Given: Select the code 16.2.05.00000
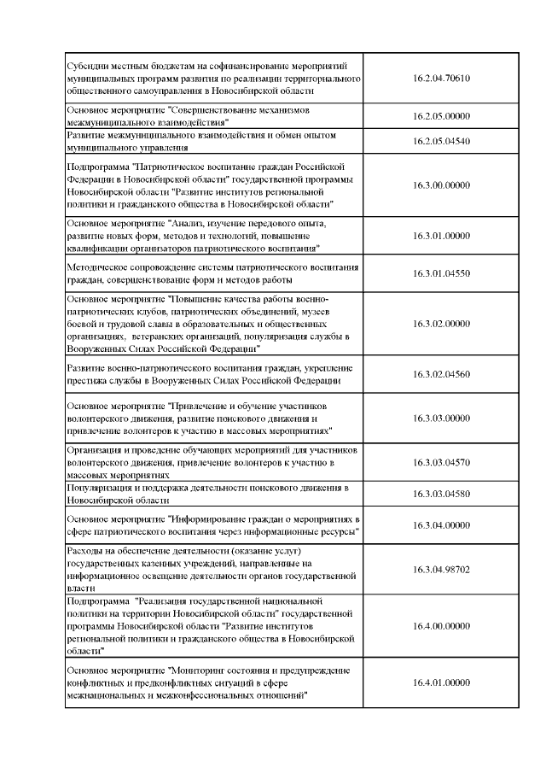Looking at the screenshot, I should (x=441, y=116).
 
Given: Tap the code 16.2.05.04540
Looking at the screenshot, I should (x=441, y=141).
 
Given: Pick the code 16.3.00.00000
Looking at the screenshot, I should (x=441, y=184).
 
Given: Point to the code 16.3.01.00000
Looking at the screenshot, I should (x=441, y=236).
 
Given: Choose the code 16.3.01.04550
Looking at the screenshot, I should (x=441, y=274).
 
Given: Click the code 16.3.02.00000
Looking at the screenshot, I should (x=441, y=324).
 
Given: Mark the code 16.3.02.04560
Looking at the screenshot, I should (x=441, y=374).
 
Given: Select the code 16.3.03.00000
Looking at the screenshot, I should (x=441, y=418).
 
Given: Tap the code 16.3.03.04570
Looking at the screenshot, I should (x=441, y=462).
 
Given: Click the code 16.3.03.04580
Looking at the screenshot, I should (x=441, y=494).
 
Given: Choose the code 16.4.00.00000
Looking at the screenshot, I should (x=441, y=626).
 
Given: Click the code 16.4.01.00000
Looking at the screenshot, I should (x=441, y=682).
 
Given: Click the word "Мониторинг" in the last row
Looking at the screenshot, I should (x=202, y=671).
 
